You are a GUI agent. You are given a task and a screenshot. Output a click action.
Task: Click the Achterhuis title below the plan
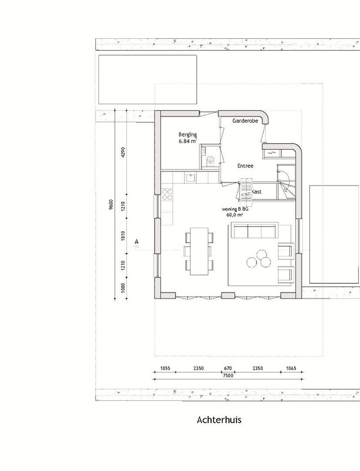pos(219,420)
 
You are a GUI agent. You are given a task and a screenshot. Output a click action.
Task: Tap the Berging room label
pos(188,134)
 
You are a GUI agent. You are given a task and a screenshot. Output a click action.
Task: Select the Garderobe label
pos(245,121)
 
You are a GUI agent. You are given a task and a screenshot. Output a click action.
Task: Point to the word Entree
pos(245,166)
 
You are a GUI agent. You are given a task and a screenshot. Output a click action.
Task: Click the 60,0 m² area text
pos(235,215)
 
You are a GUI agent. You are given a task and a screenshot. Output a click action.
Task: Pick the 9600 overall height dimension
pos(111,204)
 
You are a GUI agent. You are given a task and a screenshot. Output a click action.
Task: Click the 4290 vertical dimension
pos(123,152)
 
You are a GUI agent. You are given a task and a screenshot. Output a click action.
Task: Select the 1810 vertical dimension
pos(123,236)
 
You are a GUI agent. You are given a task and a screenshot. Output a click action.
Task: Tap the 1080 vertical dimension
pos(123,288)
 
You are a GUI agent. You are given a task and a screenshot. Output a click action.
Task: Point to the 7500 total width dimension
pos(228,376)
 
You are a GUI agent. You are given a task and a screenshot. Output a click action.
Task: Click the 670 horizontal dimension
pos(228,369)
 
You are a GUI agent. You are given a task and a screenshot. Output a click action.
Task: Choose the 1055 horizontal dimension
pos(165,369)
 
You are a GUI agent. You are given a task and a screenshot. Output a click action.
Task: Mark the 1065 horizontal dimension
pos(291,369)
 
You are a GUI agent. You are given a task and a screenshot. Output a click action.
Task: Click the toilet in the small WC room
pos(211,161)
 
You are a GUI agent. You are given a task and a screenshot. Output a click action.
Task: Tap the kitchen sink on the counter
pos(190,178)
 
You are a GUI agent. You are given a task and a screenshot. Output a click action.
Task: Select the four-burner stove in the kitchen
pos(167,194)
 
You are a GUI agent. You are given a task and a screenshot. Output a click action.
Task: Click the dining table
pos(199,251)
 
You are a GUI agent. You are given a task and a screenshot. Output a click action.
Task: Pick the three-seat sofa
pos(255,230)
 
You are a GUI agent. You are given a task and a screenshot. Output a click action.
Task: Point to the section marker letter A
pos(137,241)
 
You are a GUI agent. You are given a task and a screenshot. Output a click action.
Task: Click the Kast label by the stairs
pos(256,192)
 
